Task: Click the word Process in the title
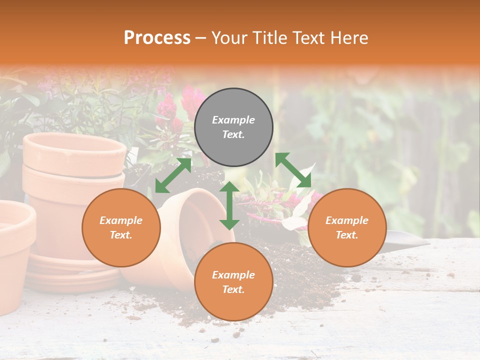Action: coord(157,37)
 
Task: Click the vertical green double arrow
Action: coord(229,205)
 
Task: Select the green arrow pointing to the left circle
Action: coord(173,175)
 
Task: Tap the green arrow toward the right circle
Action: coord(293,170)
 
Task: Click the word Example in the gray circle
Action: coord(233,120)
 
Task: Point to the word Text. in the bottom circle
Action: coord(233,289)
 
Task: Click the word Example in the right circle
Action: coord(347,220)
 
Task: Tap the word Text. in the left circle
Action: coord(121,235)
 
